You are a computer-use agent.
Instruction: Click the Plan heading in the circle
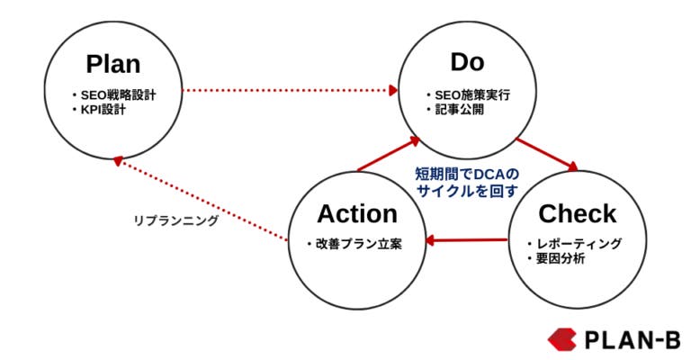coord(113,64)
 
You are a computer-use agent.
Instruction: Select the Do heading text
coord(467,61)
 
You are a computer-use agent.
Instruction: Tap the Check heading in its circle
coord(577,213)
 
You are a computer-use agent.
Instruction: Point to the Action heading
coord(357,213)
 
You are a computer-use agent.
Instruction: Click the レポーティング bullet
coord(579,244)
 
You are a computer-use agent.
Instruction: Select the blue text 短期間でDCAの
coord(467,173)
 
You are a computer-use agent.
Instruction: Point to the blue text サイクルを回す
coord(467,190)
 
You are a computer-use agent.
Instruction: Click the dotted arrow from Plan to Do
coord(288,90)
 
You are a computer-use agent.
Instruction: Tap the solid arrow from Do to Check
coord(546,153)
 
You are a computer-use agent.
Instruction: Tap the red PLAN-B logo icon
coord(561,338)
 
